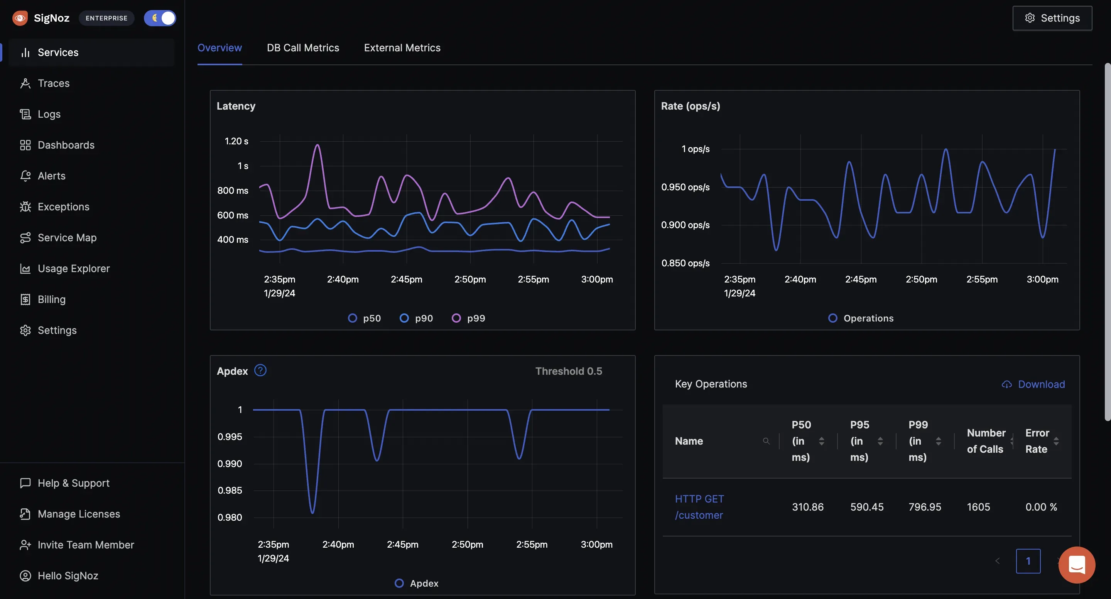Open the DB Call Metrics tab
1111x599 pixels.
[303, 48]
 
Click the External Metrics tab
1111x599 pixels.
[402, 48]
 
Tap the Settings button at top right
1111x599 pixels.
[1052, 18]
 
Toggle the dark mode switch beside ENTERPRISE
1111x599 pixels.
[160, 18]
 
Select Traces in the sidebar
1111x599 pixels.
[54, 83]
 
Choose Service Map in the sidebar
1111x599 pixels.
[67, 238]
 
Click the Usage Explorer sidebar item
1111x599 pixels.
[73, 268]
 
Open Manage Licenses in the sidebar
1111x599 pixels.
[78, 514]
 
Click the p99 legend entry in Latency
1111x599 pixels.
[468, 318]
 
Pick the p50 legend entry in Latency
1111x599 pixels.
[365, 318]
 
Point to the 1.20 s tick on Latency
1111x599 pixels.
[236, 141]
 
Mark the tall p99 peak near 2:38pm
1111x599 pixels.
[318, 146]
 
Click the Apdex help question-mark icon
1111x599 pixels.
[260, 370]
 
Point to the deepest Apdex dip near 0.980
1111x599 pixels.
[312, 512]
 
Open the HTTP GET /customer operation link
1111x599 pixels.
[699, 507]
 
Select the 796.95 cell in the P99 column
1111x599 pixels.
[925, 507]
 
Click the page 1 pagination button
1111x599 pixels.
[1028, 561]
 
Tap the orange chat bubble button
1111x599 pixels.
[1077, 565]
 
